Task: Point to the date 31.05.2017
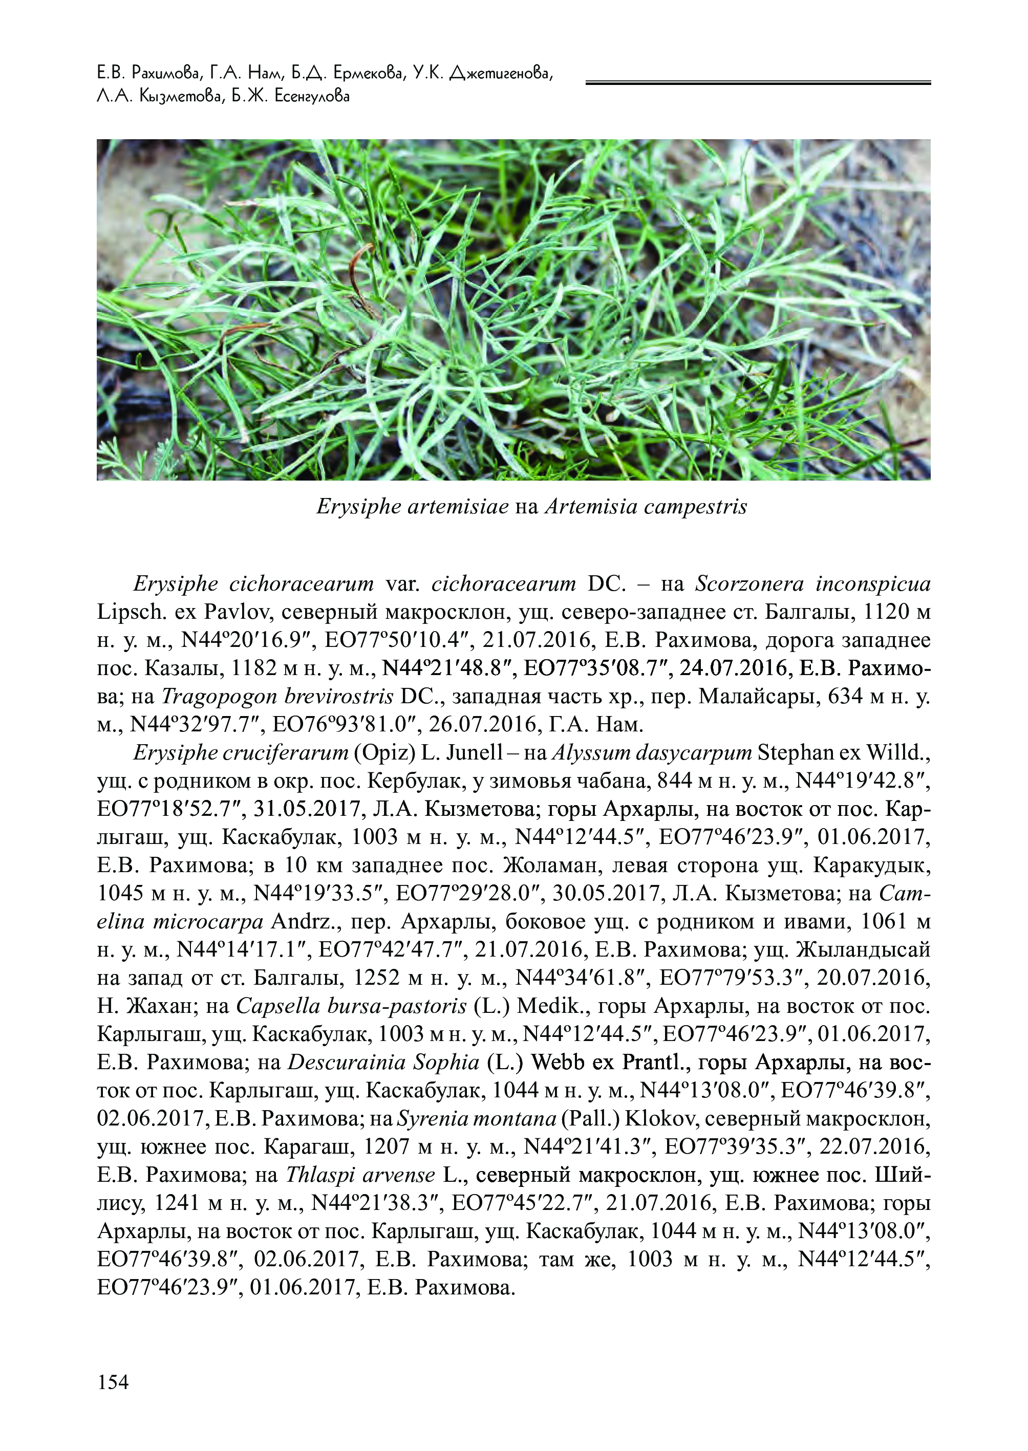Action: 361,809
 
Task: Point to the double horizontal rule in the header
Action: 758,82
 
